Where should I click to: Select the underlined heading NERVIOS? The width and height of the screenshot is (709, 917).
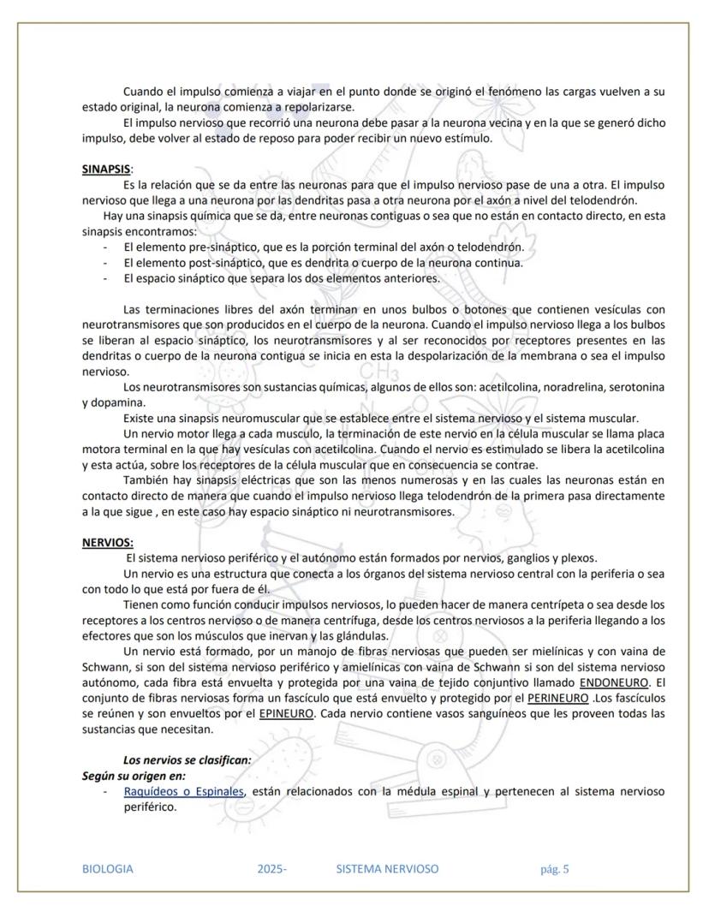[107, 543]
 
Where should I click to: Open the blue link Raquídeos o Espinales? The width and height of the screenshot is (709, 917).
[183, 791]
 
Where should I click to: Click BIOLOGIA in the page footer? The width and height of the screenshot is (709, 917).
[107, 869]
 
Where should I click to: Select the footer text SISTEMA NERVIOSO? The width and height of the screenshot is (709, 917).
[387, 869]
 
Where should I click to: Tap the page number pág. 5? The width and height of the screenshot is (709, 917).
[554, 869]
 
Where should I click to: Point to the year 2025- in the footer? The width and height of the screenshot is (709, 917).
[271, 869]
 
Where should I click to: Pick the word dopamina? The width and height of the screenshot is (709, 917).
[119, 402]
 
